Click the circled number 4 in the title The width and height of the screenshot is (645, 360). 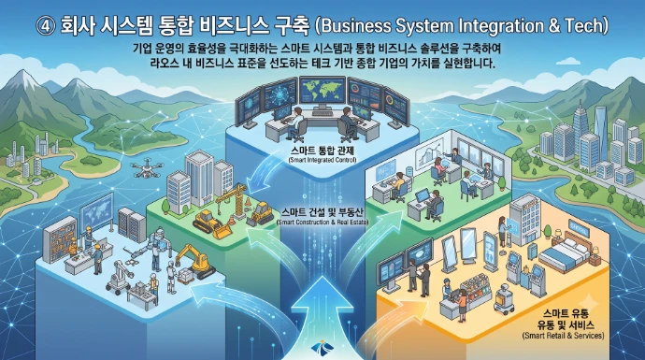coord(45,26)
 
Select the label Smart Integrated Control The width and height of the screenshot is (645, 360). coord(322,160)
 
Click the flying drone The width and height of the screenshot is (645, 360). coord(147,169)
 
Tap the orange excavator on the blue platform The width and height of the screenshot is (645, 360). coord(194,261)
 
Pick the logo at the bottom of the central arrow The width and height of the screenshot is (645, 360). coord(322,348)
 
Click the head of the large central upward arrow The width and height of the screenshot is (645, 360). coord(322,293)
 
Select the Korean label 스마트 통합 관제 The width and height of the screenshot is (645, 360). coord(322,151)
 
